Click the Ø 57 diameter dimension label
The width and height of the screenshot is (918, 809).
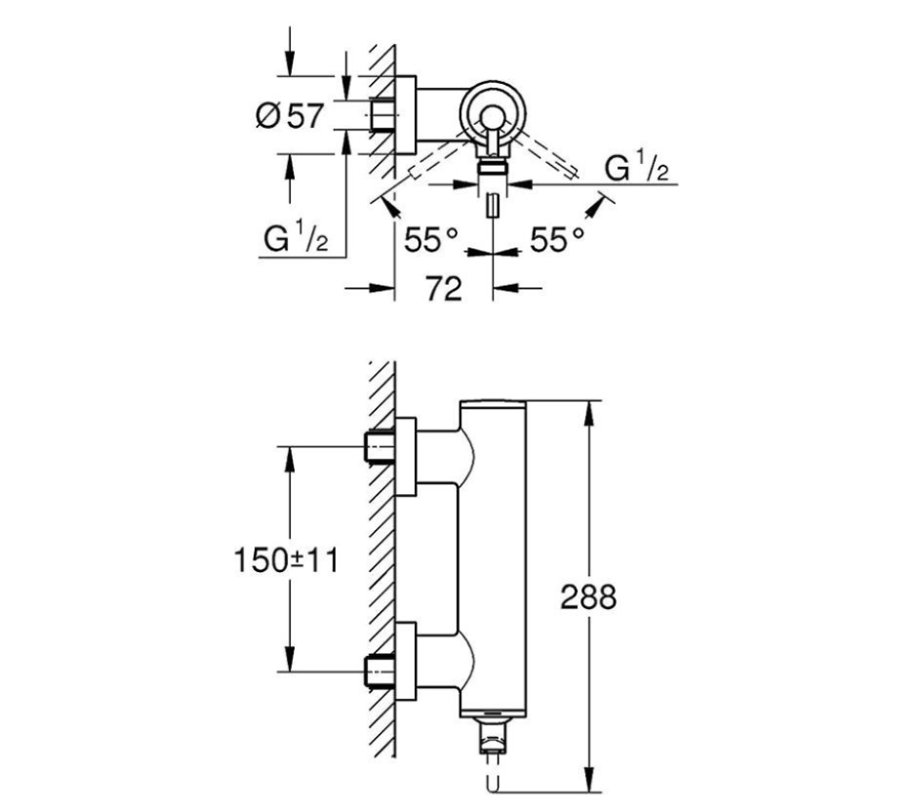click(x=289, y=116)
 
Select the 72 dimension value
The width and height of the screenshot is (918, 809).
click(x=443, y=289)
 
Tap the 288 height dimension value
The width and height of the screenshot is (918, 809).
click(x=588, y=596)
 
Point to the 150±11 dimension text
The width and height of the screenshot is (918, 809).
click(x=285, y=560)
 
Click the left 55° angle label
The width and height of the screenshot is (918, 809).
click(x=431, y=239)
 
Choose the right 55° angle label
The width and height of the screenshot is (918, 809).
click(x=557, y=239)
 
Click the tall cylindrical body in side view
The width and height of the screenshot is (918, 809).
click(x=493, y=565)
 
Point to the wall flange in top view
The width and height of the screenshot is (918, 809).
click(x=407, y=116)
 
